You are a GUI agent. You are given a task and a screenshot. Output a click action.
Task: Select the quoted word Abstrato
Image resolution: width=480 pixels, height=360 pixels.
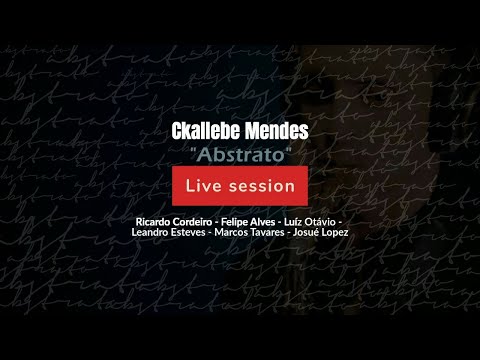[x=239, y=155]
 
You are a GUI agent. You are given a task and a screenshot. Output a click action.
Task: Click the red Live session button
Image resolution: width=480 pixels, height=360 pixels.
[x=240, y=186]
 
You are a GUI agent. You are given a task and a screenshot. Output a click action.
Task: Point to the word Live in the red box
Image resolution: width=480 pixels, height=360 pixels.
[x=205, y=186]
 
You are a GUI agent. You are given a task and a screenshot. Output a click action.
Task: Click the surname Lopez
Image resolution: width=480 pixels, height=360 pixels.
[x=363, y=232]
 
